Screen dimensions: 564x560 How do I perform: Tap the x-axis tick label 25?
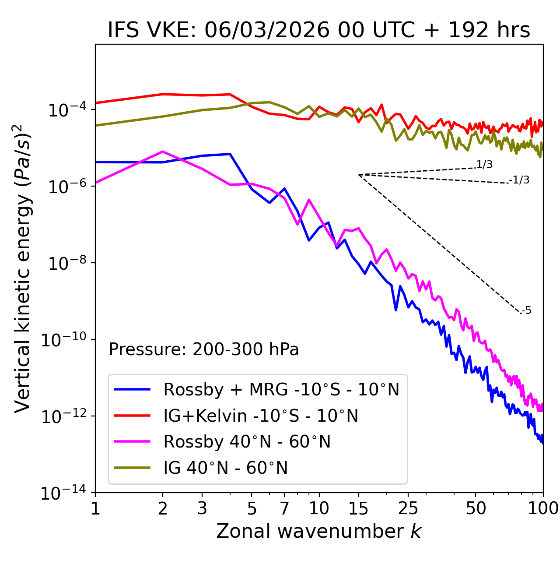click(x=408, y=508)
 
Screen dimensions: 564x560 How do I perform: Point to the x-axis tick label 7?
click(x=284, y=508)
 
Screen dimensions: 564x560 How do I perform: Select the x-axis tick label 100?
click(x=543, y=508)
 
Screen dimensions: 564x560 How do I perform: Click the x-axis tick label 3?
click(x=202, y=508)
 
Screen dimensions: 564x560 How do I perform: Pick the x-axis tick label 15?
click(x=358, y=508)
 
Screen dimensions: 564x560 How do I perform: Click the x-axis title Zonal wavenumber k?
click(x=319, y=531)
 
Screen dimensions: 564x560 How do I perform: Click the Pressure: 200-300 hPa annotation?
click(x=204, y=349)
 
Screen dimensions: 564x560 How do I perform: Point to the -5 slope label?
click(x=527, y=311)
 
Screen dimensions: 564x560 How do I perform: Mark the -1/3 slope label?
click(x=520, y=180)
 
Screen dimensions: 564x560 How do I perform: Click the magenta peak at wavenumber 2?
click(x=163, y=152)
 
